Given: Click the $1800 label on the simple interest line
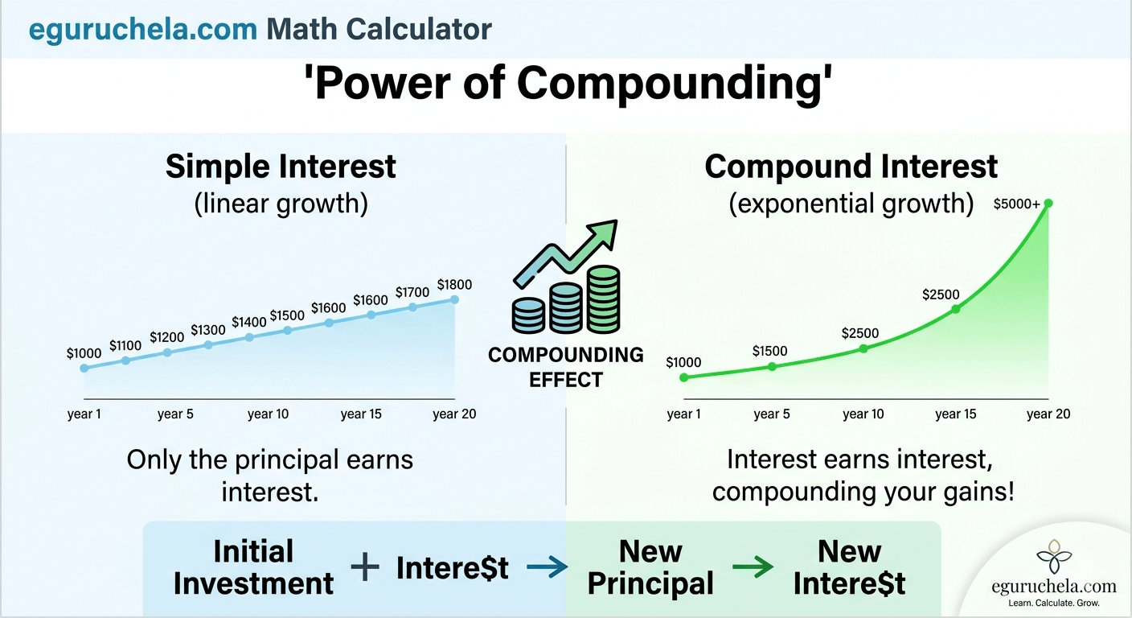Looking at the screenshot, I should tap(454, 285).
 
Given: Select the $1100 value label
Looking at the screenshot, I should tap(125, 346).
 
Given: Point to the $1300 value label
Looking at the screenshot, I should tap(208, 330).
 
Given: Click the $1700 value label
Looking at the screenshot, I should tap(412, 292).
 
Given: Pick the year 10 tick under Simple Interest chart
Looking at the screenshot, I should tap(268, 414).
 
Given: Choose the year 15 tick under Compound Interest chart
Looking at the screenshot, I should tap(955, 414).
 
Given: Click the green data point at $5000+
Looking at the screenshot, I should tap(1048, 204).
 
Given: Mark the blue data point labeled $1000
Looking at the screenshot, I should tap(84, 368).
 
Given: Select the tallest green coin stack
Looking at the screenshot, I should tap(603, 299).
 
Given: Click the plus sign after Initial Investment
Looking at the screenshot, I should tap(365, 567).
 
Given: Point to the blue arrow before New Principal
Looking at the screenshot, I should tap(546, 568).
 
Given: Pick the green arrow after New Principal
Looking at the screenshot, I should tap(753, 568).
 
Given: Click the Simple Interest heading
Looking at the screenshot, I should tap(281, 167).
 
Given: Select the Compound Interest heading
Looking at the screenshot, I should tap(851, 167).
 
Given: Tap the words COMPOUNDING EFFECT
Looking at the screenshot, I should tap(566, 367).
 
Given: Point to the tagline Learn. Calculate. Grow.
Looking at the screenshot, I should tap(1053, 603).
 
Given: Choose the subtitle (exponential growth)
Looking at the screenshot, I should tap(851, 203).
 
